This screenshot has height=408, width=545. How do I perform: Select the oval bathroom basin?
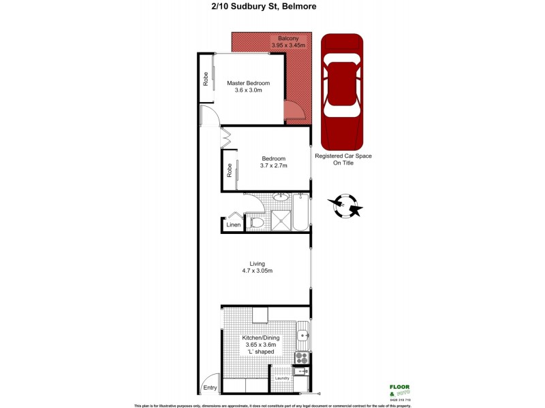(279, 198)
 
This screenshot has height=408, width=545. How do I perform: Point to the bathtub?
(304, 213)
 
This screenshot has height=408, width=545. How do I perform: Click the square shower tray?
(282, 220)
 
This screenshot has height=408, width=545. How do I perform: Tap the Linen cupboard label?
(233, 224)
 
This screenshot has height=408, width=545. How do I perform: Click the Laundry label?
(281, 378)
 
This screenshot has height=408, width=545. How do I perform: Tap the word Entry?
(210, 388)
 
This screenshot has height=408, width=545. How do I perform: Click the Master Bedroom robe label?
(205, 80)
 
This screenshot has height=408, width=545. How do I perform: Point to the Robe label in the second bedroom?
(230, 170)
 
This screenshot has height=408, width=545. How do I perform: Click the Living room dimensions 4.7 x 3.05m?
(257, 271)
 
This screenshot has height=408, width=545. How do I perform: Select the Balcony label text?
(287, 38)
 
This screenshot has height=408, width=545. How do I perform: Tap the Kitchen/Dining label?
(262, 337)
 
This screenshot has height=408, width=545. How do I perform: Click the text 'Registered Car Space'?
(343, 156)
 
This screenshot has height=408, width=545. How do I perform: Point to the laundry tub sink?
(302, 372)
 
